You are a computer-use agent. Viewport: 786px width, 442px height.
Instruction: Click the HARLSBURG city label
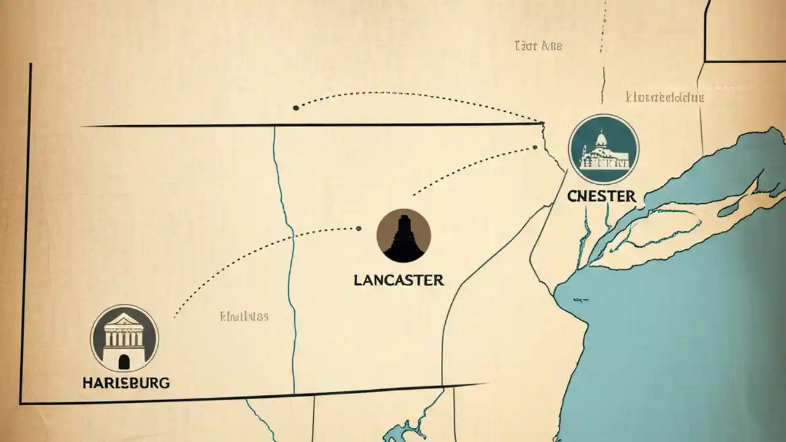click(126, 382)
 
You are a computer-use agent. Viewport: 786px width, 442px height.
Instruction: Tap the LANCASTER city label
click(399, 281)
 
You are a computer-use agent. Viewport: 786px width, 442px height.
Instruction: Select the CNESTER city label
click(601, 196)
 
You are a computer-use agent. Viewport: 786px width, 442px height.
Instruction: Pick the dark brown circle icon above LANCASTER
click(403, 236)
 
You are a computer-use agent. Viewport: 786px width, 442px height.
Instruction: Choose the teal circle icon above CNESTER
click(604, 149)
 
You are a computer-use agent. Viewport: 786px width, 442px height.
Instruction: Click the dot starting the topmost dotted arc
click(296, 107)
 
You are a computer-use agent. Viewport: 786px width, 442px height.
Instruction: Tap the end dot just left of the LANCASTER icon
click(359, 228)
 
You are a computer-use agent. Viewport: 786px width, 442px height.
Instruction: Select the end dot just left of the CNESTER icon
click(535, 147)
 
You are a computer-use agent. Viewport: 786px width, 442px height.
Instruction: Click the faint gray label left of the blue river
click(244, 317)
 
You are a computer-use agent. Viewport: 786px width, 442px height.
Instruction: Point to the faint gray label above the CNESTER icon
click(665, 97)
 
